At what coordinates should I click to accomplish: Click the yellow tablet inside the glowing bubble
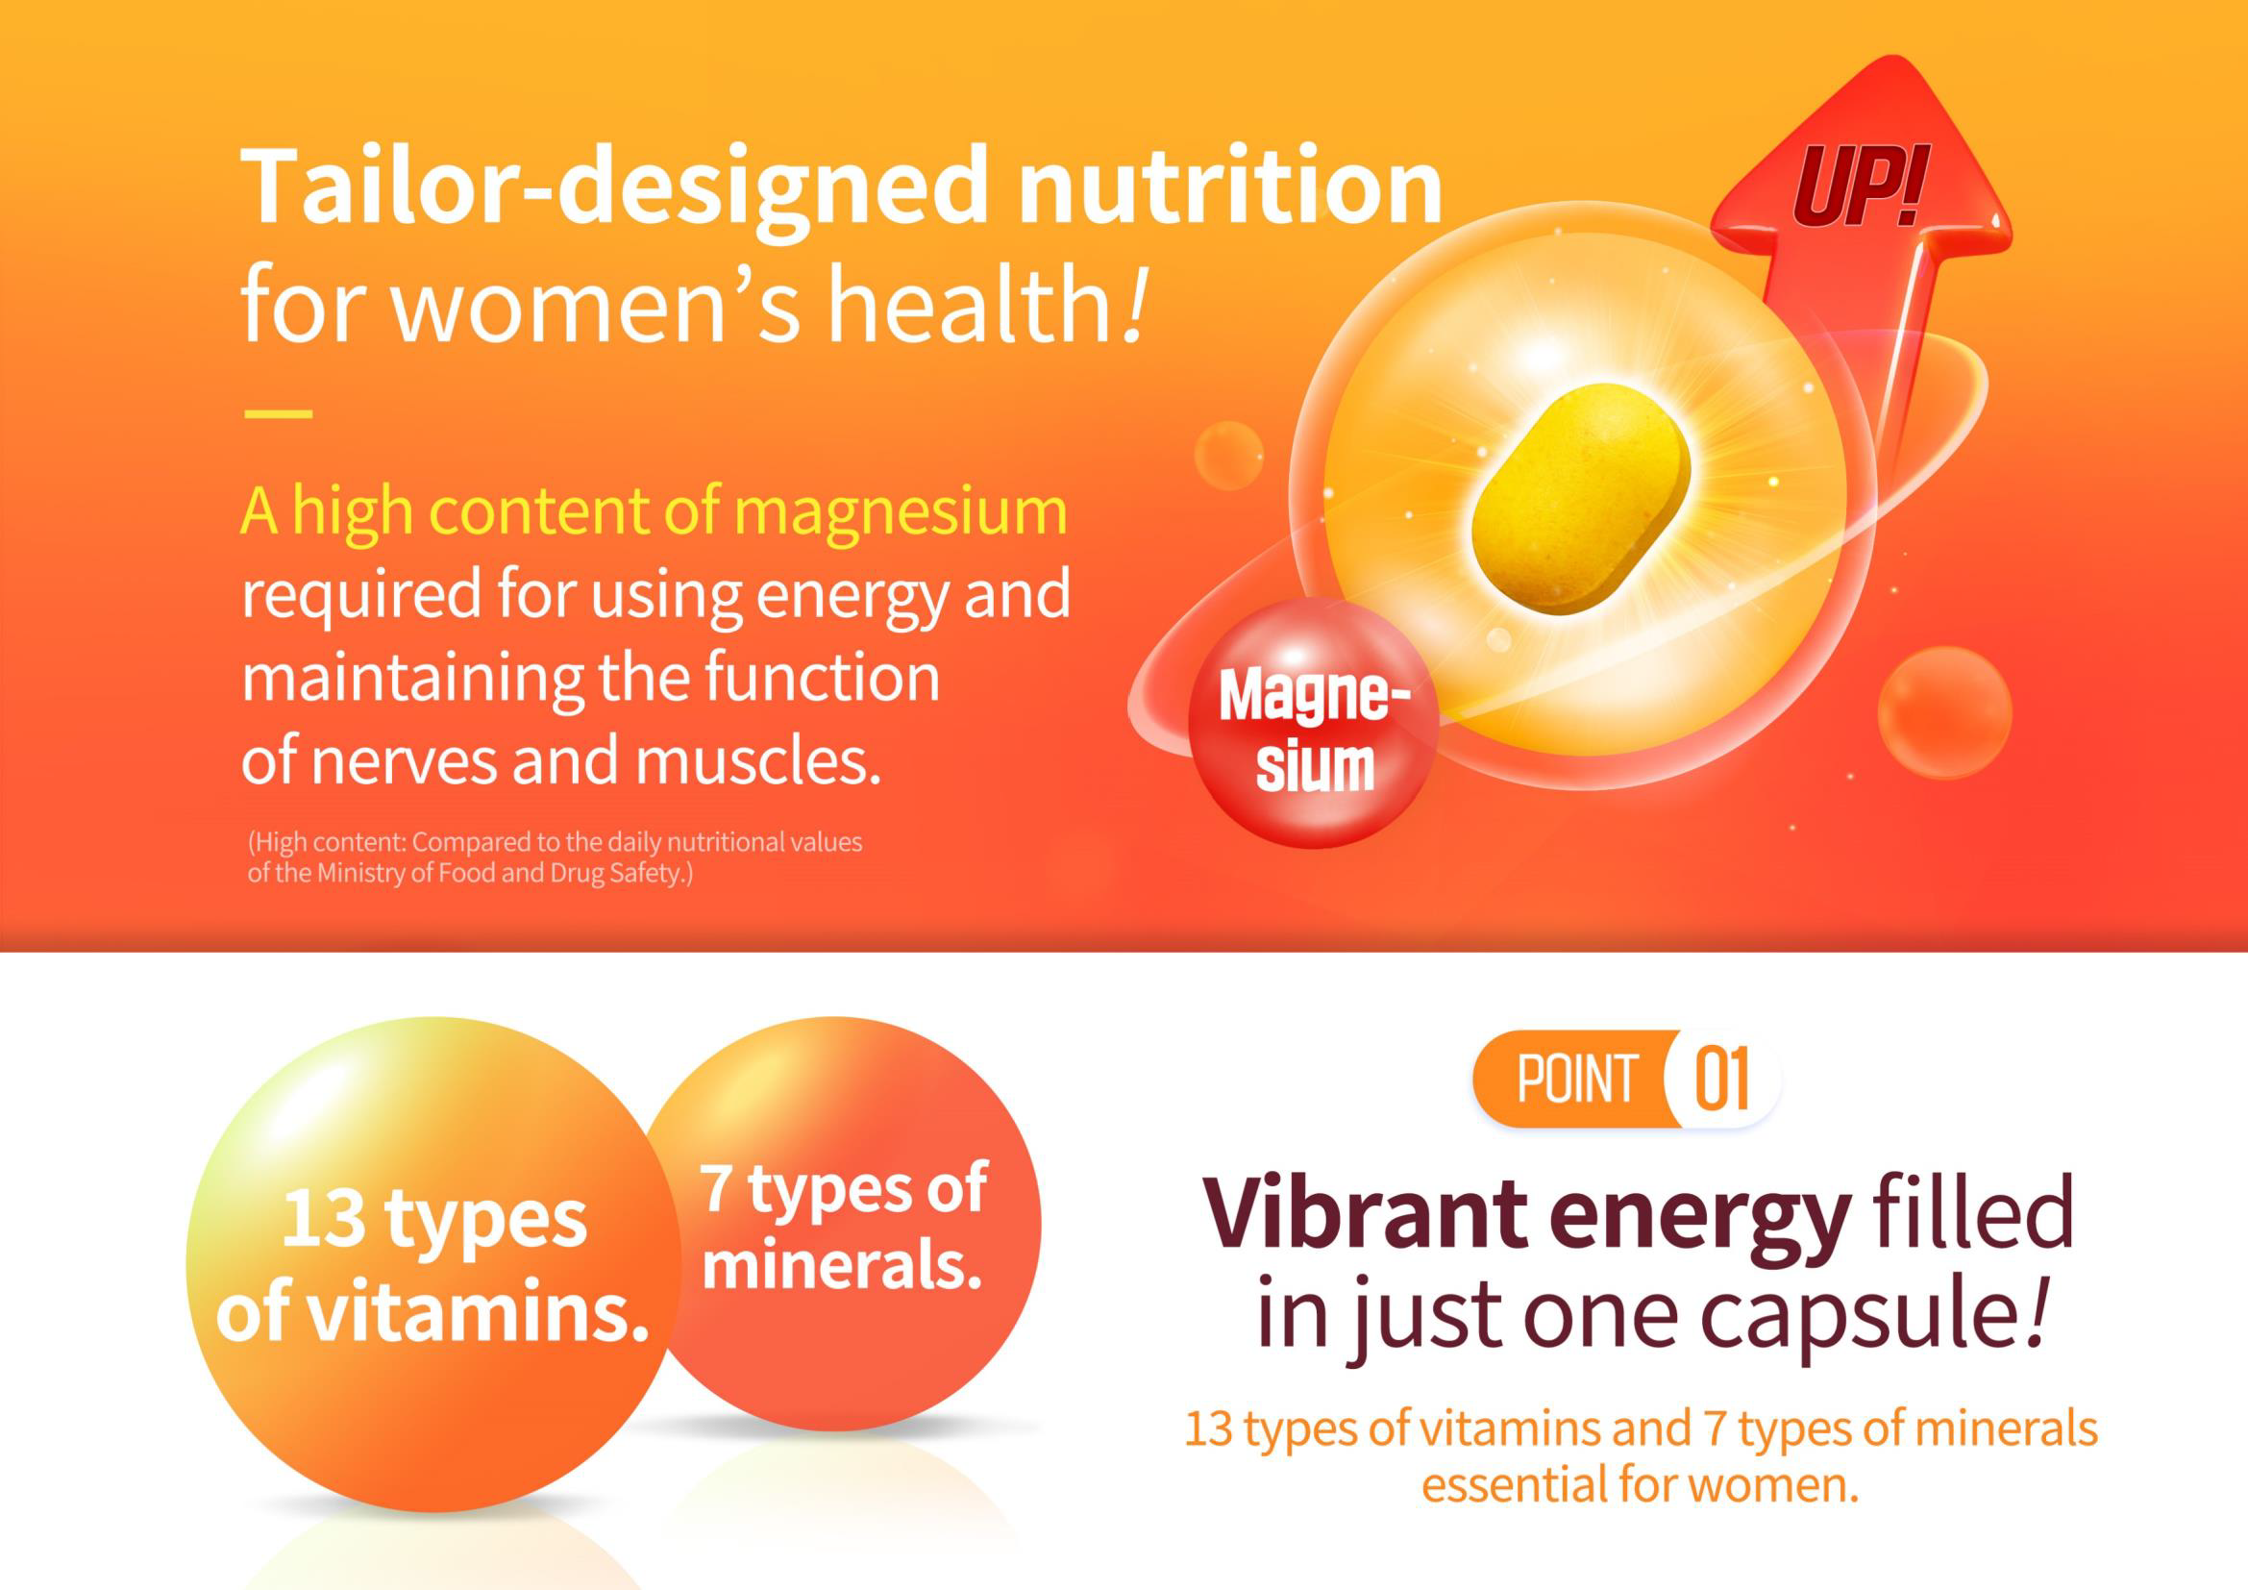1581,498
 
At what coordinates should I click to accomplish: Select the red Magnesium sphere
1313,723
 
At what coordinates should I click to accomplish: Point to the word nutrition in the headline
1231,186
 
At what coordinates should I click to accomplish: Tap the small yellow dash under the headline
278,413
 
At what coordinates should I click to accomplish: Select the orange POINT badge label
1577,1079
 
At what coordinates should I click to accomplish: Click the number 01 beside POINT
1720,1079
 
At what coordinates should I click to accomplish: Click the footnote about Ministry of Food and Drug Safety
556,857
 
